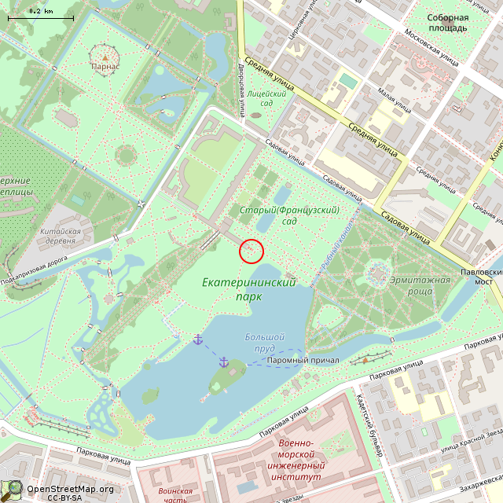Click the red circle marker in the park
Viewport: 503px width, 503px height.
[251, 251]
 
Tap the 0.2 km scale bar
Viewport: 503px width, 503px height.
[41, 14]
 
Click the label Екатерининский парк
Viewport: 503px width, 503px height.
[248, 289]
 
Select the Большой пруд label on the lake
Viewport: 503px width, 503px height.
[264, 342]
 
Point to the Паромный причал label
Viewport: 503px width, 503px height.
[303, 360]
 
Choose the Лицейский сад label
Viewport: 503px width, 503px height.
[260, 98]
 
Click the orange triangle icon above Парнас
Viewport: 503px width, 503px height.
[105, 57]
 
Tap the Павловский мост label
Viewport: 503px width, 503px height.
[481, 276]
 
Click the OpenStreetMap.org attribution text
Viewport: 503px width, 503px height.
[70, 489]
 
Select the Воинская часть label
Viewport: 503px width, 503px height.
[174, 495]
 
